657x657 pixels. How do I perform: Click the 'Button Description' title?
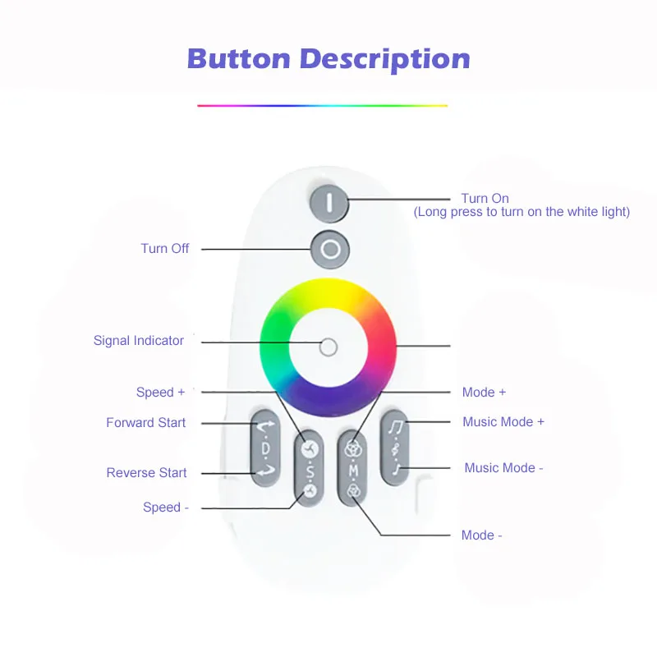328,59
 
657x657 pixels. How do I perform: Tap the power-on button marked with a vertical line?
329,202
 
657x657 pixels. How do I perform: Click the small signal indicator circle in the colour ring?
328,347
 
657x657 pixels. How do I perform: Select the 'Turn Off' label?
165,248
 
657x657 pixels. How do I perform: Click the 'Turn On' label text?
485,198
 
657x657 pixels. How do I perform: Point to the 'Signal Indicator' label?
139,340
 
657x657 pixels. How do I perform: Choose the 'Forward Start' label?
146,422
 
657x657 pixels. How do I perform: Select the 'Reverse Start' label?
147,472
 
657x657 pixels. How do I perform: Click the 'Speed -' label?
166,507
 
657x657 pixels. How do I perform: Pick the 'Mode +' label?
485,392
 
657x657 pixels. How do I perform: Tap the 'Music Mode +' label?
503,421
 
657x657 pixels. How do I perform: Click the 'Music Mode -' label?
503,467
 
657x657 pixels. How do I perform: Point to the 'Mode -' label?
482,535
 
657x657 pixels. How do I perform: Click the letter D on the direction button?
265,449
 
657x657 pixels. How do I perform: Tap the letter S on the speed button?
310,471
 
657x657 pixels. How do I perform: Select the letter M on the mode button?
353,470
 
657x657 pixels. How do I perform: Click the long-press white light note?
521,212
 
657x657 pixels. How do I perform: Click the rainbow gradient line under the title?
322,105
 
